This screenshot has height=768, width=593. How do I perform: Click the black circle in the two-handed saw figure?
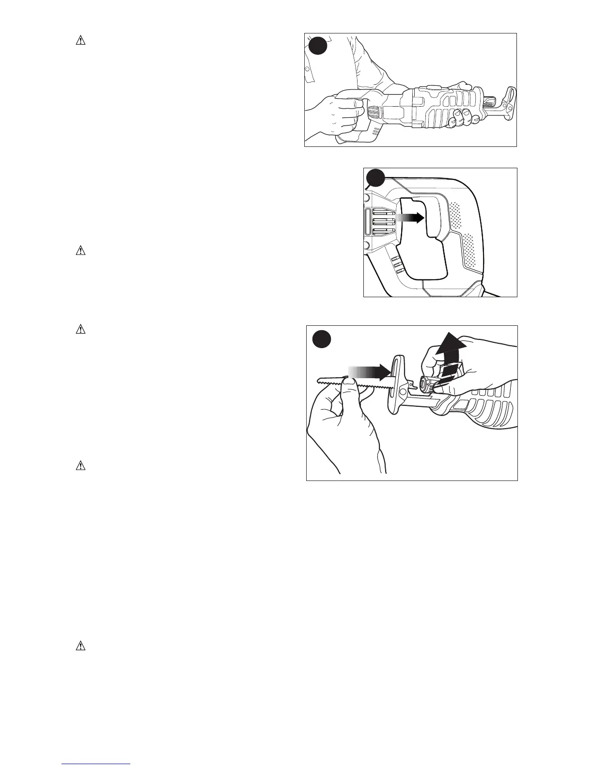(x=317, y=47)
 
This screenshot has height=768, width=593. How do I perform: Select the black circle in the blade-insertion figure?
(x=321, y=338)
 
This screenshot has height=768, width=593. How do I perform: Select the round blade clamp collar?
(x=427, y=385)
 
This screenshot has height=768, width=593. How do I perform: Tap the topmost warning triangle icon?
(x=80, y=41)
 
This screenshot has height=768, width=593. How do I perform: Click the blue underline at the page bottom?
(x=96, y=764)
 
